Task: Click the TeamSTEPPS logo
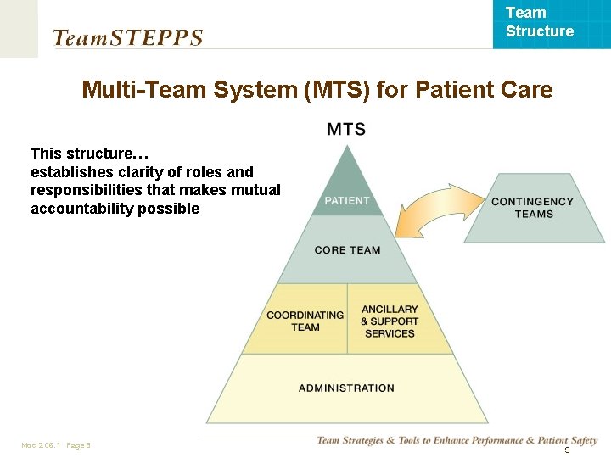click(x=127, y=37)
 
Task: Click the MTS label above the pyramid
click(x=346, y=129)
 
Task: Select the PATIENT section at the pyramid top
click(x=347, y=195)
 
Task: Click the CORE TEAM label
click(x=347, y=250)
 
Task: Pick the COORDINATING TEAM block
click(x=305, y=321)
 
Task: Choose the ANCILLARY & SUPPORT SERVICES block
click(x=390, y=321)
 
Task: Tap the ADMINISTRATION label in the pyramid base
click(x=346, y=388)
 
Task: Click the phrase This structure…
click(x=90, y=154)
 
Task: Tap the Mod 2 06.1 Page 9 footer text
click(x=56, y=445)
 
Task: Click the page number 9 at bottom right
click(x=567, y=451)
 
